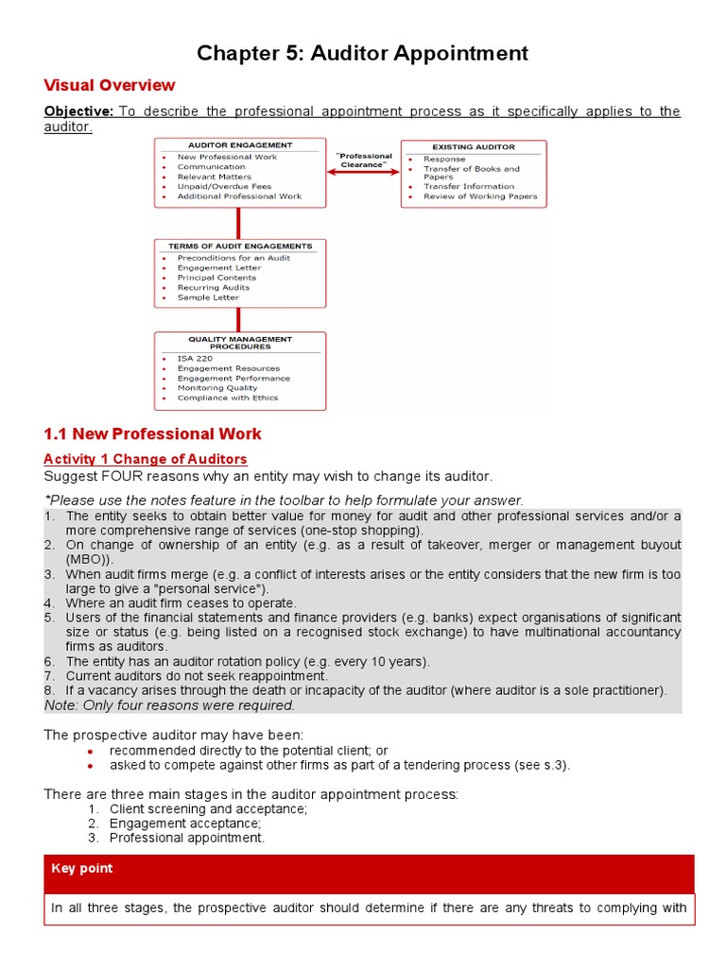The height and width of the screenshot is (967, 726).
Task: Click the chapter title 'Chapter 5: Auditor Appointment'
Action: click(362, 54)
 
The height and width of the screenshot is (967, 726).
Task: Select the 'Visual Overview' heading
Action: click(110, 86)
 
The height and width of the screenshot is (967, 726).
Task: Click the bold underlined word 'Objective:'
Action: click(78, 111)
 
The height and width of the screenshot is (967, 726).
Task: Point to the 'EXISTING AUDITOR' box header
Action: click(474, 147)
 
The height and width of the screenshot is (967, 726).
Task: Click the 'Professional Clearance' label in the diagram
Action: click(364, 161)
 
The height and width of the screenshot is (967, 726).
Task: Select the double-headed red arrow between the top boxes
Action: click(364, 173)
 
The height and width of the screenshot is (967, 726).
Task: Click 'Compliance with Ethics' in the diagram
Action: click(227, 398)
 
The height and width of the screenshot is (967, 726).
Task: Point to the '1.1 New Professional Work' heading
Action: click(152, 434)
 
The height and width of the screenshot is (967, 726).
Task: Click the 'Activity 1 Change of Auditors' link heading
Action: click(146, 459)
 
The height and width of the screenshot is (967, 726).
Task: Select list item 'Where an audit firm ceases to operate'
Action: click(181, 603)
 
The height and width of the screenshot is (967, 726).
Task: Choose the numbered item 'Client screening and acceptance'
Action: click(207, 809)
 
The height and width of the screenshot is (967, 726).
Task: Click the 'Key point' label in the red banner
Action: click(82, 869)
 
